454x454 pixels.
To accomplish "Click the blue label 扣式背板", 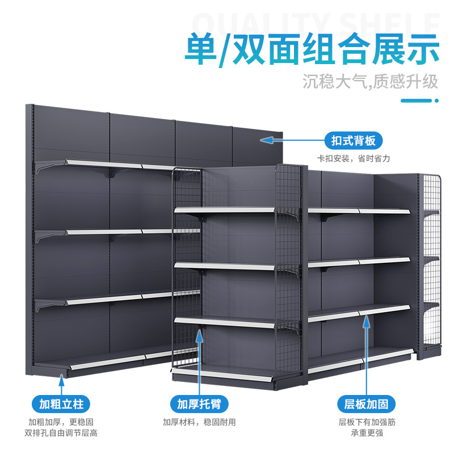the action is point(353,141).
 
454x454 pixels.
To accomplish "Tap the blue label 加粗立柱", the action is point(61,404).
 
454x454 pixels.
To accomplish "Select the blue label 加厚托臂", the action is point(199,404).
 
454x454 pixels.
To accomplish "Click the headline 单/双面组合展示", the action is point(312,50).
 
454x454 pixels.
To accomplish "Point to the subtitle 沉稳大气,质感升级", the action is point(370,81).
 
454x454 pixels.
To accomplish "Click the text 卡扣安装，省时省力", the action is point(353,158).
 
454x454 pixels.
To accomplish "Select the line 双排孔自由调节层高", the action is point(61,432).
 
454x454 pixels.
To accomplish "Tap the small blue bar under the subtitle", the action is point(421,101).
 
